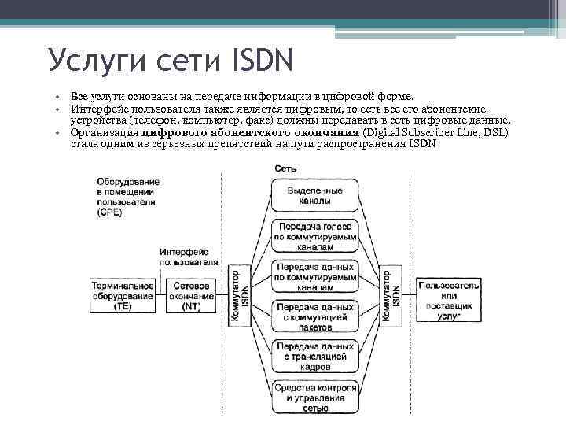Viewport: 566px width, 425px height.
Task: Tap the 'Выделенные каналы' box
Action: coord(314,195)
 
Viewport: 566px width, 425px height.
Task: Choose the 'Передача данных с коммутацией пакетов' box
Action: coord(314,315)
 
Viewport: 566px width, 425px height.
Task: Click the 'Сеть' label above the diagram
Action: coord(286,168)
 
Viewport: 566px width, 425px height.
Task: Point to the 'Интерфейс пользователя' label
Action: coord(189,256)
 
